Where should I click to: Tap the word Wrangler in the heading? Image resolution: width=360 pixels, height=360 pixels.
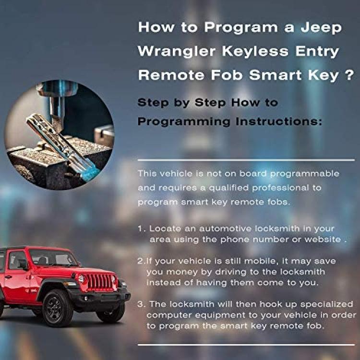(x=177, y=51)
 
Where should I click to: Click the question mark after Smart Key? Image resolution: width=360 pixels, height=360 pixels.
(x=350, y=75)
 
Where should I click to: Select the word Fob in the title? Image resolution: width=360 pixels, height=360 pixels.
(x=227, y=75)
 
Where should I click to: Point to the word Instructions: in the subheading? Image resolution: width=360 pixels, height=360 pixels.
(x=279, y=121)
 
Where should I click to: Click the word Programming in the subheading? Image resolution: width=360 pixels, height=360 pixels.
(x=184, y=122)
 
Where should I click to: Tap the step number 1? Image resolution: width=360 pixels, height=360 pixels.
(x=140, y=228)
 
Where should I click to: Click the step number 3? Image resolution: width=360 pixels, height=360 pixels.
(x=140, y=304)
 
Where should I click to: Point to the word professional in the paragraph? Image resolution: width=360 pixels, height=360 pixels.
(x=280, y=188)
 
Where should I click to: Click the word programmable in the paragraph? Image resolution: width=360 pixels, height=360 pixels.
(x=304, y=174)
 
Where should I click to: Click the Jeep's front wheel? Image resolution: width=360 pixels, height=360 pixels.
(x=58, y=308)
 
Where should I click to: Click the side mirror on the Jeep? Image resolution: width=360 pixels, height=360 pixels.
(x=23, y=264)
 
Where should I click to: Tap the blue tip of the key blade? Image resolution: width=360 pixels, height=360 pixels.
(x=90, y=173)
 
